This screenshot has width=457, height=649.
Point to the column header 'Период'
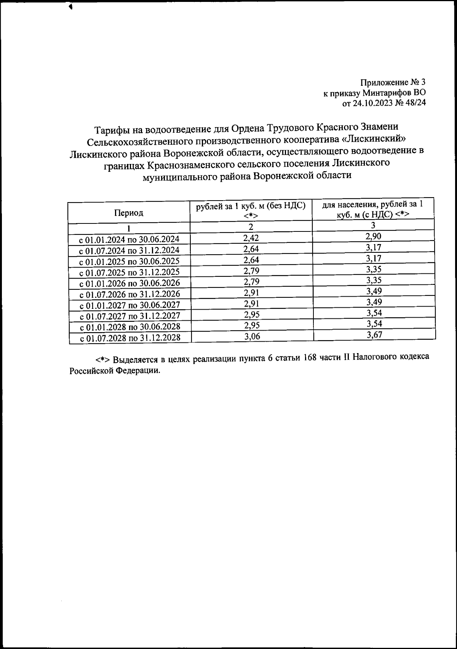pyautogui.click(x=129, y=213)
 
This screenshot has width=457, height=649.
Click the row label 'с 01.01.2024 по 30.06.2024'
pyautogui.click(x=129, y=239)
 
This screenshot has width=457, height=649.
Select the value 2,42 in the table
pyautogui.click(x=251, y=238)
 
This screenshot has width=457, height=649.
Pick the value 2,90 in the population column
pyautogui.click(x=373, y=236)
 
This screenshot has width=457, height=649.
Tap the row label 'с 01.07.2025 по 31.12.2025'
pyautogui.click(x=129, y=272)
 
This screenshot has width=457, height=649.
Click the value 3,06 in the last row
pyautogui.click(x=252, y=336)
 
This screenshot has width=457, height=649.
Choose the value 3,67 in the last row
pyautogui.click(x=374, y=335)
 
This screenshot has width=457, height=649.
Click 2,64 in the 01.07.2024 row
pyautogui.click(x=251, y=249)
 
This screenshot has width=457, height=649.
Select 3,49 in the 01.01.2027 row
pyautogui.click(x=374, y=302)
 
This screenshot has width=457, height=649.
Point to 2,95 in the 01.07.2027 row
pyautogui.click(x=251, y=314)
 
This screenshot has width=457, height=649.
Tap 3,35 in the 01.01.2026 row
pyautogui.click(x=374, y=280)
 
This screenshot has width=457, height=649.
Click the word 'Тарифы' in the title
pyautogui.click(x=109, y=130)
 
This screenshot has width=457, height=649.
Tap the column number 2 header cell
pyautogui.click(x=251, y=227)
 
